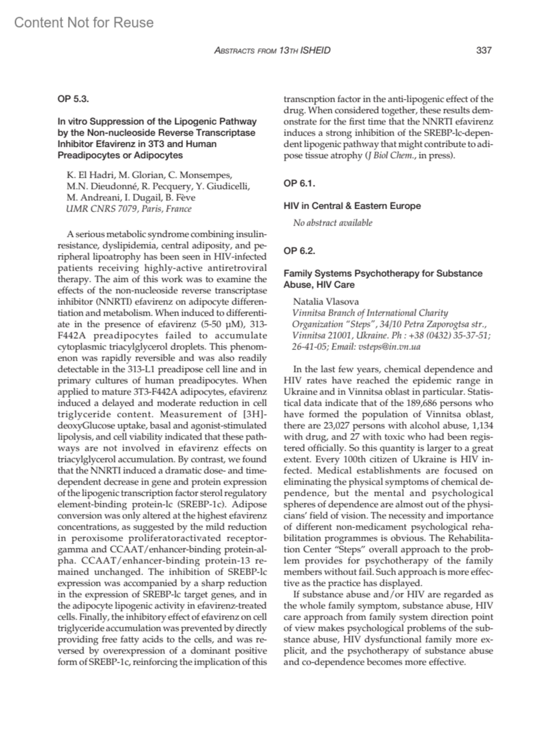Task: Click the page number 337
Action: point(484,51)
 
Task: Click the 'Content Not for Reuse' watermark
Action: point(84,23)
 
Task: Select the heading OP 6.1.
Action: point(299,183)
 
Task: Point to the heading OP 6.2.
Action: point(299,251)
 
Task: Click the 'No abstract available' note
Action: point(333,223)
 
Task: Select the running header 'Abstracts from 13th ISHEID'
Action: point(272,51)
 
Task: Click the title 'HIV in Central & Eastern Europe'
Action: point(352,206)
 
